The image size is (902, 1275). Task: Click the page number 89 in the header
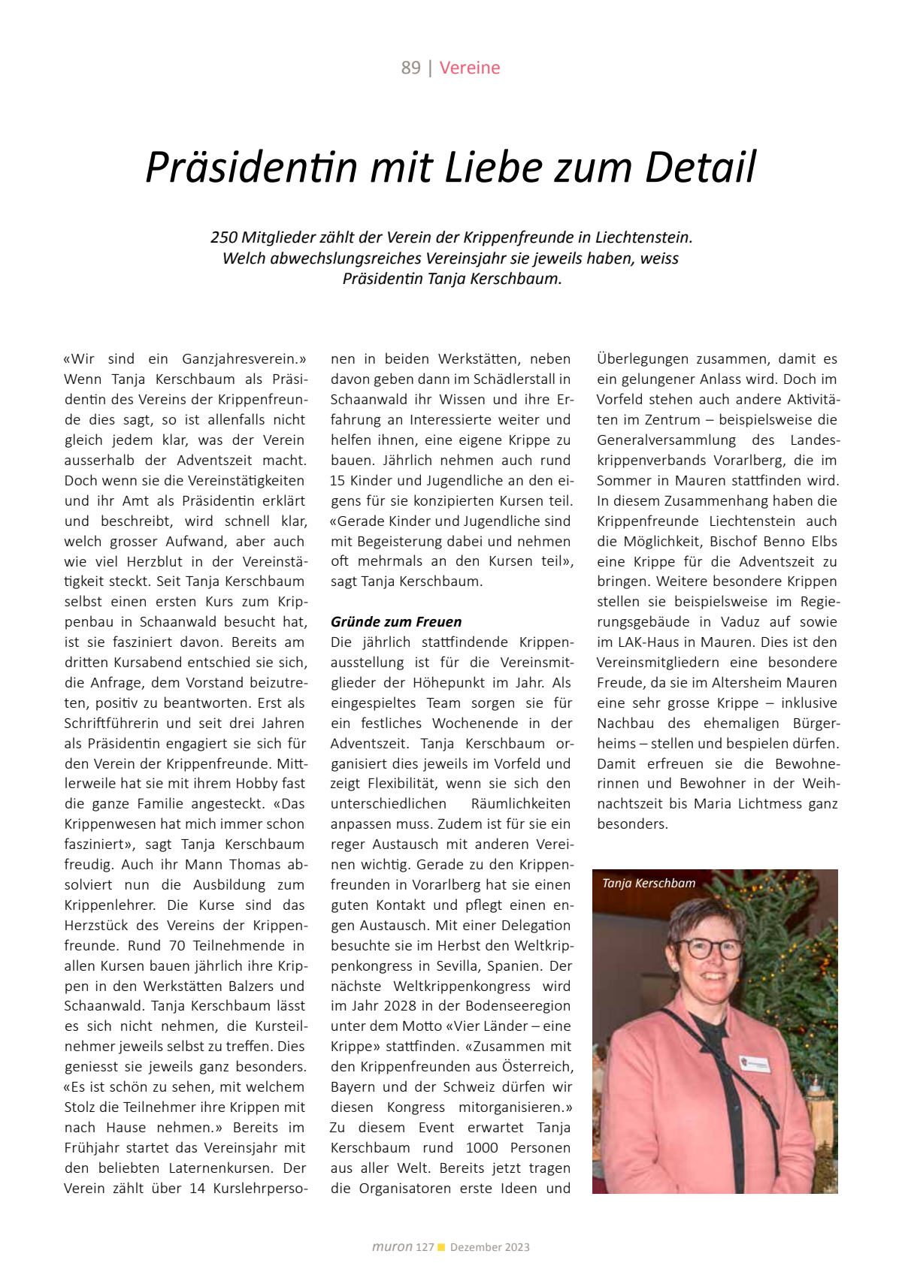tap(410, 68)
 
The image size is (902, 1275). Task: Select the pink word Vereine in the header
tap(470, 68)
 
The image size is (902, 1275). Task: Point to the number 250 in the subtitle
tap(224, 237)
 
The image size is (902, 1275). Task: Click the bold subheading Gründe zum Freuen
tap(396, 622)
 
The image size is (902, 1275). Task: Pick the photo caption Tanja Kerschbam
tap(649, 884)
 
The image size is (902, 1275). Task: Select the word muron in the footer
tap(392, 1247)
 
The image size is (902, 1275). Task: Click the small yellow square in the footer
tap(442, 1248)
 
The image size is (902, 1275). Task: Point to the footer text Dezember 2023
tap(490, 1247)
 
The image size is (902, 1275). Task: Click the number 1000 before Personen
tap(482, 1148)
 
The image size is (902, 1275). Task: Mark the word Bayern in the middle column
tap(353, 1087)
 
